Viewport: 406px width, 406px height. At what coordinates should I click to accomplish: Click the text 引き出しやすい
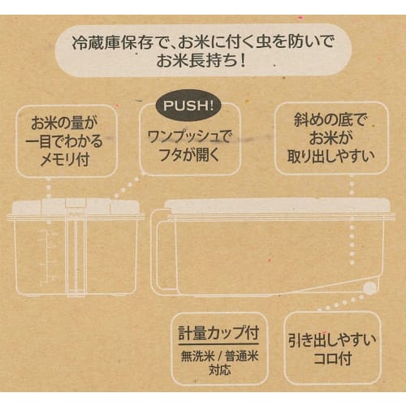tap(333, 339)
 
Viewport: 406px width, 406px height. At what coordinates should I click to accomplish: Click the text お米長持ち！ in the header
tap(201, 63)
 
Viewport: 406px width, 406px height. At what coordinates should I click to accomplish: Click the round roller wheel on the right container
tap(370, 287)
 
